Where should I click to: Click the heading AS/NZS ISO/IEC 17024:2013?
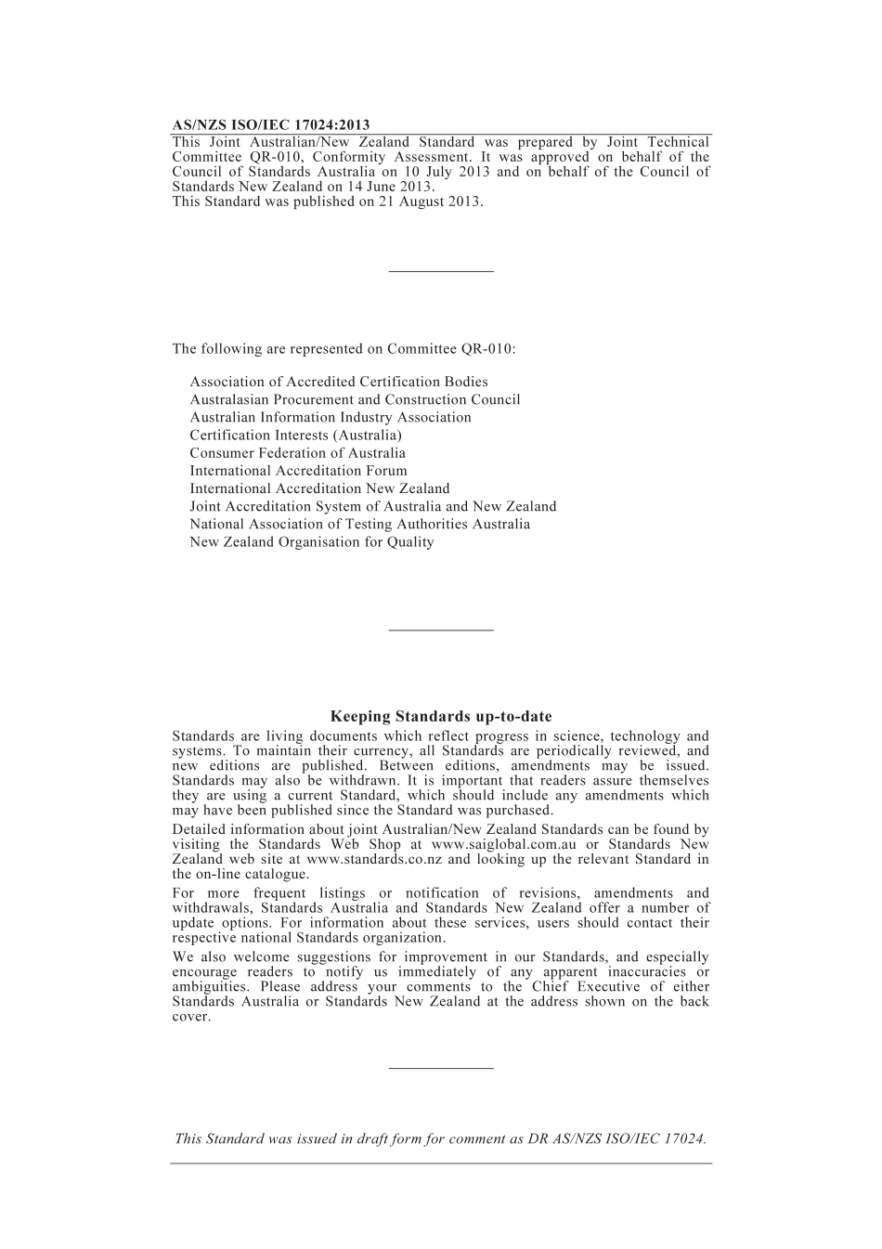coord(271,125)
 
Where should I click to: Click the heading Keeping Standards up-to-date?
coord(441,717)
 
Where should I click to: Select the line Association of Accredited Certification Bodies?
coord(339,382)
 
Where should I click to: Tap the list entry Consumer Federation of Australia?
coord(297,453)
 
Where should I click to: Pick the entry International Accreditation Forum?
coord(298,471)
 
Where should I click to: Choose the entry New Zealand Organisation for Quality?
coord(312,542)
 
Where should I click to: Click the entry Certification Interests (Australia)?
coord(295,436)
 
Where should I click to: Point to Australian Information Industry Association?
coord(331,418)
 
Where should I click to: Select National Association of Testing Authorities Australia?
coord(360,525)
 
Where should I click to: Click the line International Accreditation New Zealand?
coord(319,488)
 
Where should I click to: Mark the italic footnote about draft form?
coord(441,1139)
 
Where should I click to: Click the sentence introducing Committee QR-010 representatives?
coord(344,349)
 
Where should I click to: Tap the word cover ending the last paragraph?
coord(190,1017)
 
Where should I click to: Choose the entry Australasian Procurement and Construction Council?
coord(355,400)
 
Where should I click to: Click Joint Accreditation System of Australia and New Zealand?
coord(373,507)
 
